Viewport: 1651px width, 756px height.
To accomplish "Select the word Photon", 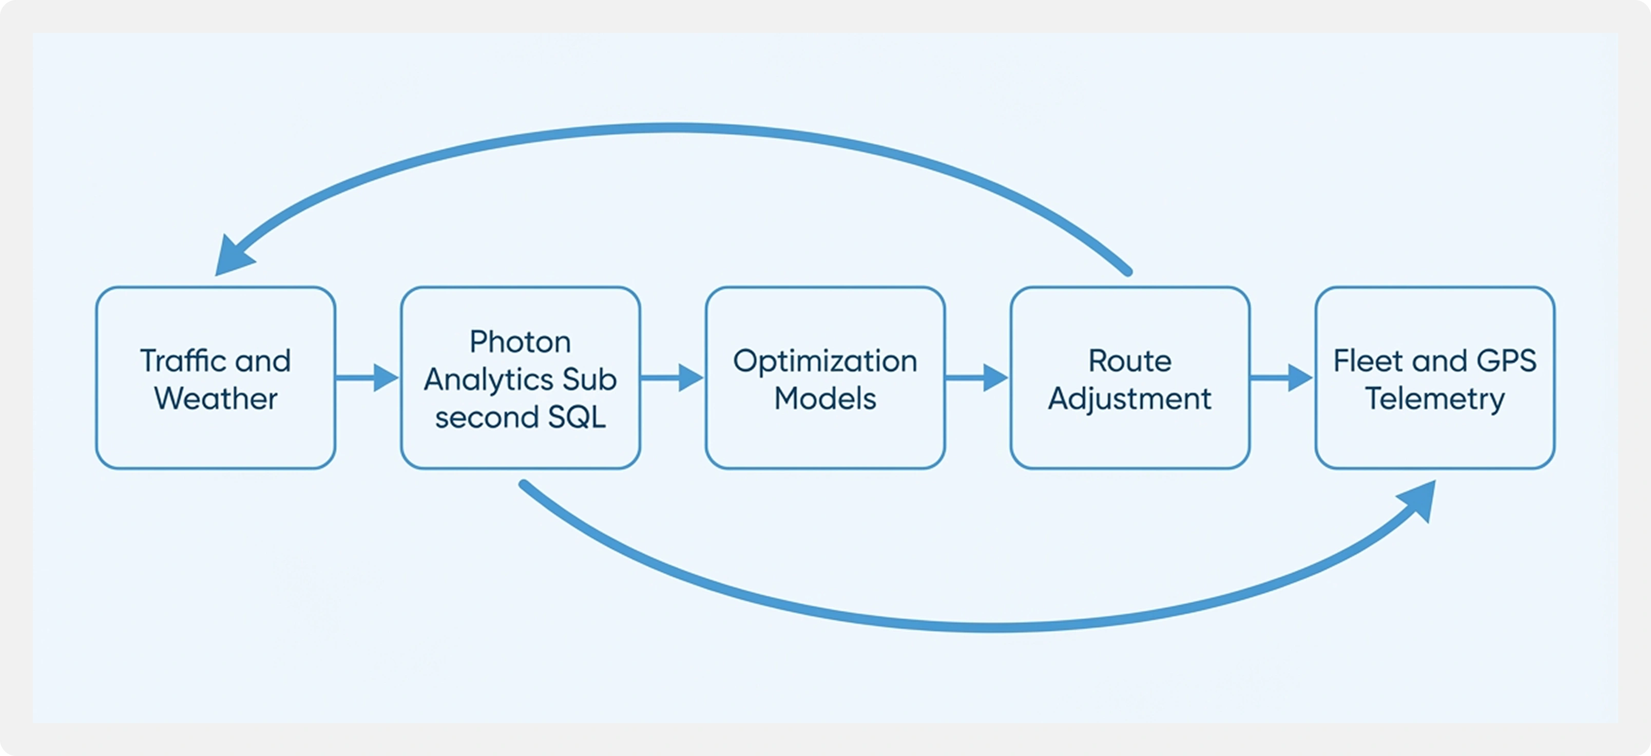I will pyautogui.click(x=520, y=341).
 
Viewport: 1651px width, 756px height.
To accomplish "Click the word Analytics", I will pyautogui.click(x=488, y=379).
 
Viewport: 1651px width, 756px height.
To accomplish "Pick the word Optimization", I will pyautogui.click(x=825, y=361).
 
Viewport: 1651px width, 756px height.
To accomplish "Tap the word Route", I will pyautogui.click(x=1129, y=361).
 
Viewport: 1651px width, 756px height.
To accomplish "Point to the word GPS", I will pyautogui.click(x=1506, y=361).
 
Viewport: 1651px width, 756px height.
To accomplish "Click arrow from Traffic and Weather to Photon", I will pyautogui.click(x=367, y=377).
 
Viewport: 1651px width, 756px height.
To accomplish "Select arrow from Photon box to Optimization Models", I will pyautogui.click(x=671, y=377).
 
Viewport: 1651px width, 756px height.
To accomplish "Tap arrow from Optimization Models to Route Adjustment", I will pyautogui.click(x=976, y=377).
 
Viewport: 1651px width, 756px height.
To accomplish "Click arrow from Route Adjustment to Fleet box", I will pyautogui.click(x=1280, y=377).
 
